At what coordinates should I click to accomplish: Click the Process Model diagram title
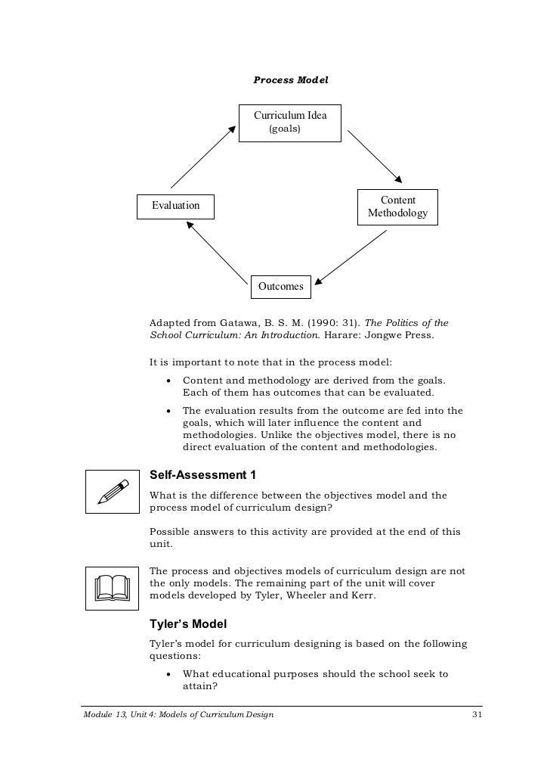click(x=291, y=79)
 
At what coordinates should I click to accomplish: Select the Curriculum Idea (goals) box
click(x=290, y=123)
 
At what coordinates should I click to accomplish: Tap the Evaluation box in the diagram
click(x=175, y=206)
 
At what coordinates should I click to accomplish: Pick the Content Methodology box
click(x=397, y=207)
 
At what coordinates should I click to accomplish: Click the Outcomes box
click(x=281, y=286)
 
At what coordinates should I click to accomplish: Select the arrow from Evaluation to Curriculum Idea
click(x=203, y=157)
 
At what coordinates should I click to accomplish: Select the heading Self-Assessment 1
click(x=203, y=475)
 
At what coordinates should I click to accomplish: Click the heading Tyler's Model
click(x=188, y=625)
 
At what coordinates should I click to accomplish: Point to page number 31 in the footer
click(x=476, y=714)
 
